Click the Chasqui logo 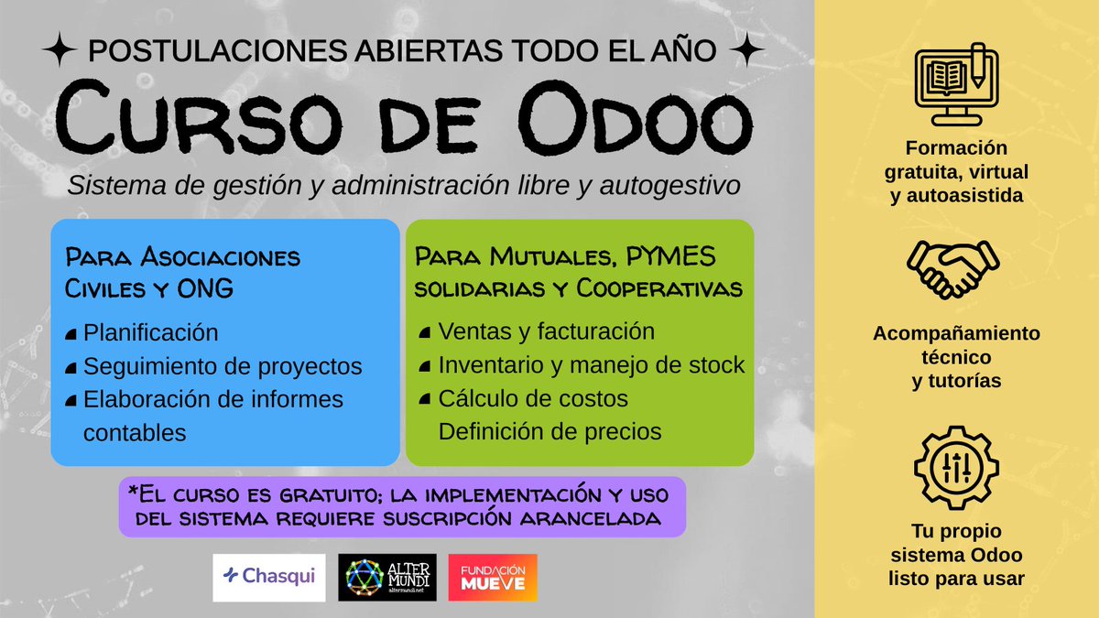pyautogui.click(x=268, y=577)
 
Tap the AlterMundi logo pyautogui.click(x=387, y=577)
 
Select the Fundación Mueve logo pyautogui.click(x=493, y=577)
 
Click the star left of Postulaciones pyautogui.click(x=64, y=50)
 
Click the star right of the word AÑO pyautogui.click(x=750, y=50)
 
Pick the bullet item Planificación pyautogui.click(x=151, y=332)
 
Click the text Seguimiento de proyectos pyautogui.click(x=223, y=366)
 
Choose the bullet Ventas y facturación pyautogui.click(x=547, y=331)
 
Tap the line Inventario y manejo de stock pyautogui.click(x=592, y=365)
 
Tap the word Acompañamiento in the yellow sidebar pyautogui.click(x=956, y=333)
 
